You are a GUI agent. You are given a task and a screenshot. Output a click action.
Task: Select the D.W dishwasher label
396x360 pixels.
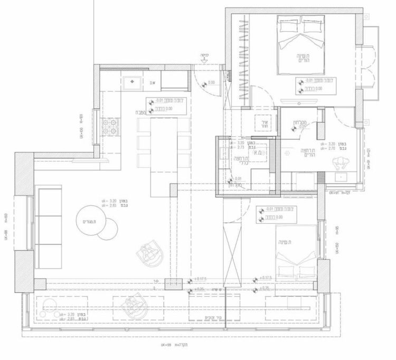[152, 83]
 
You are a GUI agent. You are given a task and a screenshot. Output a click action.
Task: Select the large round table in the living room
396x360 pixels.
[92, 221]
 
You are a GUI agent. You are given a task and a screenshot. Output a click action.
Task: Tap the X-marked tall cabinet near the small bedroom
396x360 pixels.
[232, 253]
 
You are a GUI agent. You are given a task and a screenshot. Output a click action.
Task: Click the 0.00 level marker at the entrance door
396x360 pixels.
[211, 82]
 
